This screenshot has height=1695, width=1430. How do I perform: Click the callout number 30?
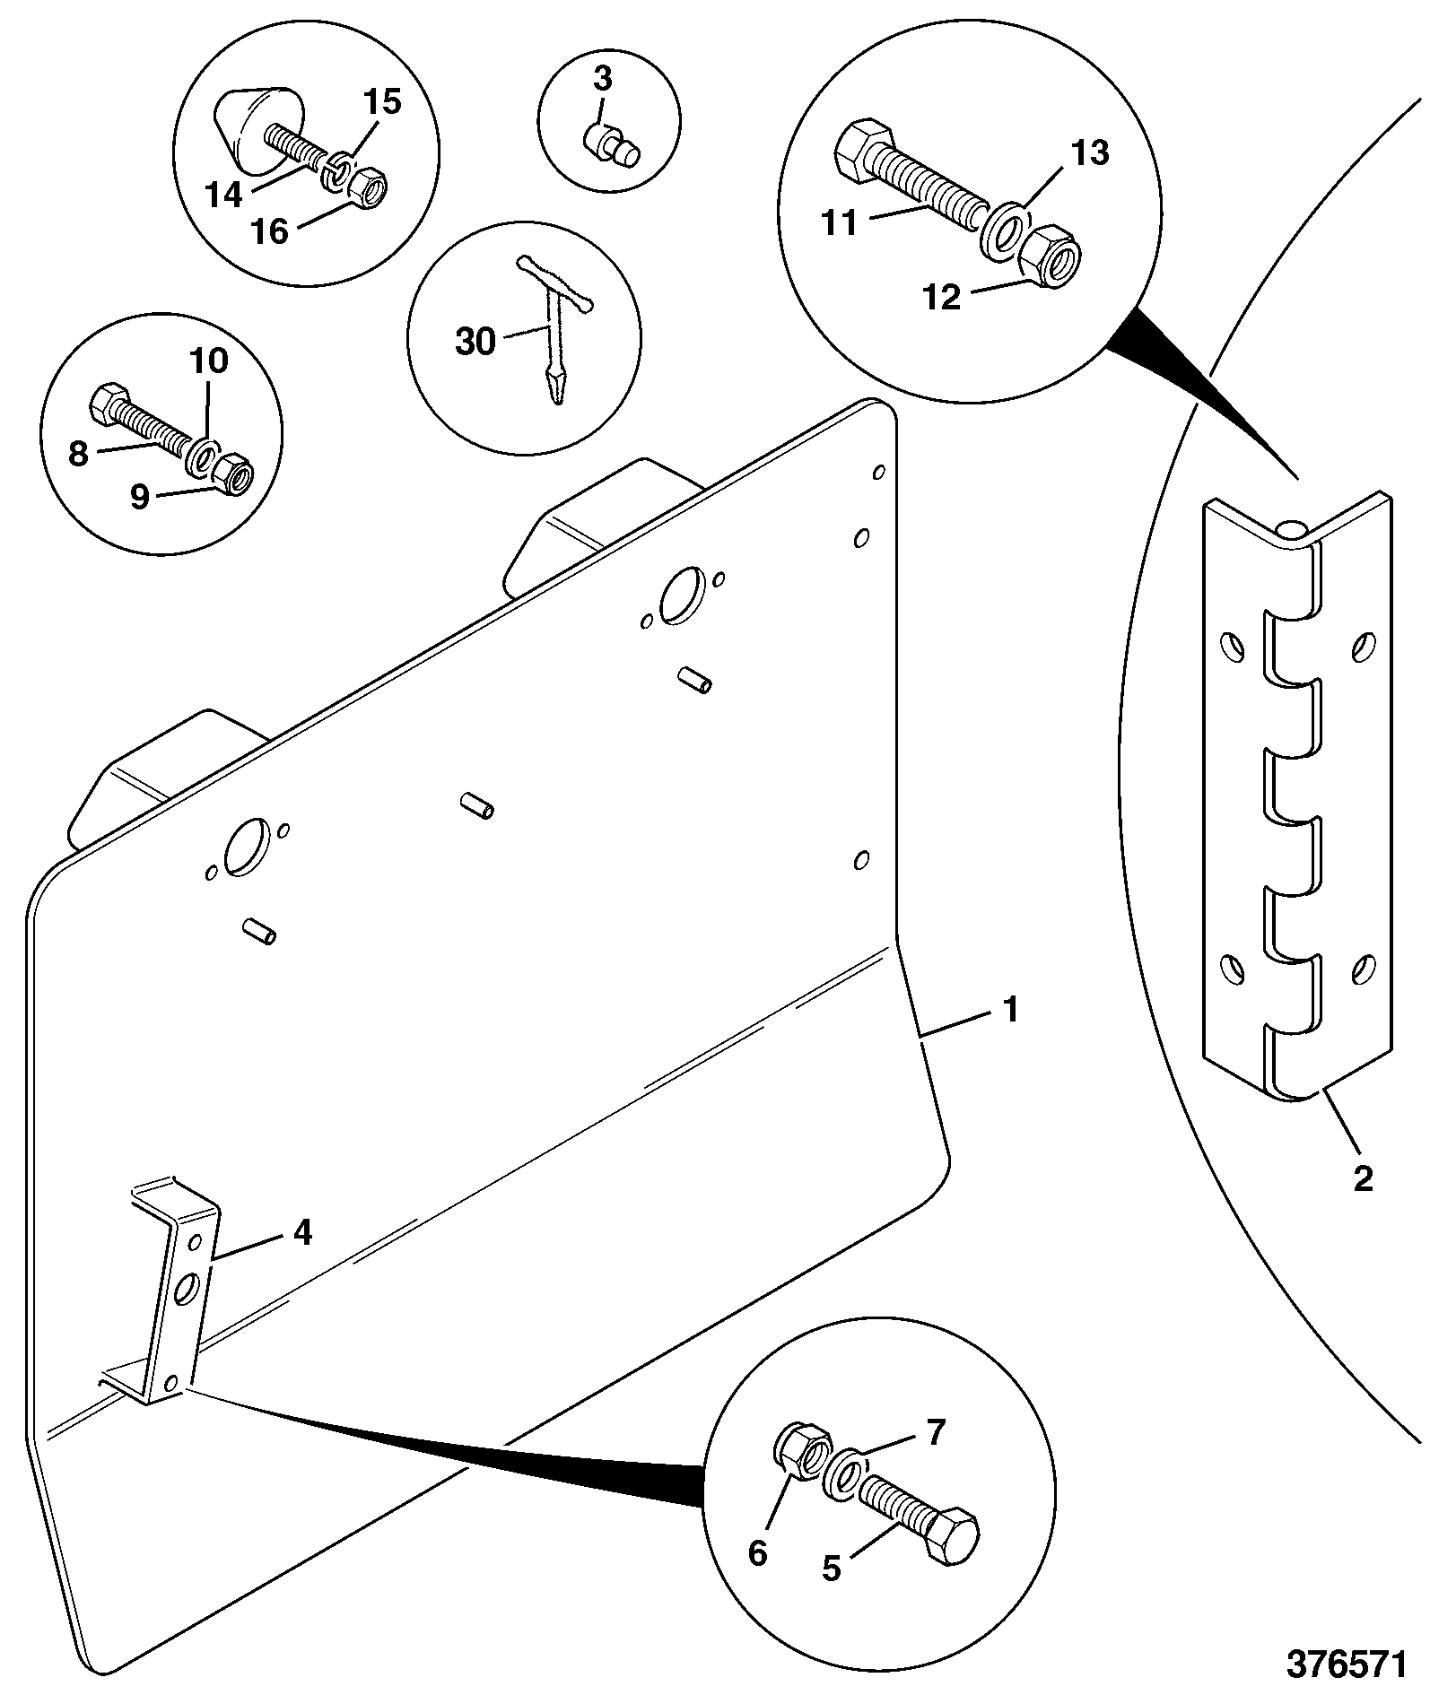475,342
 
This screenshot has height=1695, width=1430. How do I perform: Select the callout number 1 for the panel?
1011,1011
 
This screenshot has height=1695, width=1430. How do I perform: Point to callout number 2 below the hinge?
1363,1178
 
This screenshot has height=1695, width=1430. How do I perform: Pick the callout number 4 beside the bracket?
302,1232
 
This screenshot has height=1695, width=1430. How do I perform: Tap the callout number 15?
382,102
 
